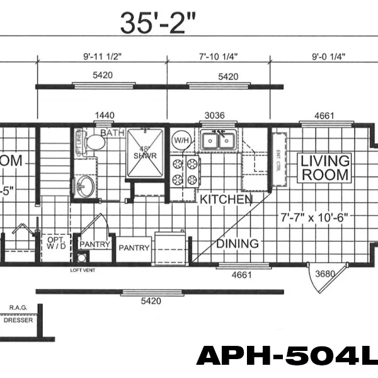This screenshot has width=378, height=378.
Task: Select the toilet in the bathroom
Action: [x=94, y=142]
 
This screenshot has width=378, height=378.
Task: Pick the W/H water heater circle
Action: [x=181, y=140]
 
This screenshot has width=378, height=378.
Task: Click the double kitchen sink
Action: [x=219, y=140]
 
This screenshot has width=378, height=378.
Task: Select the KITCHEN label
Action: [x=226, y=199]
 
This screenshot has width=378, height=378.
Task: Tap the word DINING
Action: [x=238, y=243]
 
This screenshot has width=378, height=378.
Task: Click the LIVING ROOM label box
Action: [x=324, y=167]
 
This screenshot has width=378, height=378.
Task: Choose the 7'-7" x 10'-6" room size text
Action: [x=314, y=218]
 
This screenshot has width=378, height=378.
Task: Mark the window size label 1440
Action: [x=105, y=115]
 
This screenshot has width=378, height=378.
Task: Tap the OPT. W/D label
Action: [x=55, y=243]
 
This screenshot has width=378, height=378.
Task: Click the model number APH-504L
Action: [x=287, y=357]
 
